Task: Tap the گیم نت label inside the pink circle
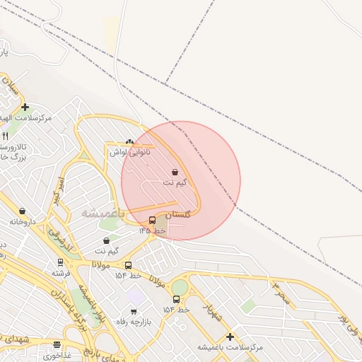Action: pos(175,182)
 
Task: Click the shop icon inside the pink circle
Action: pos(175,172)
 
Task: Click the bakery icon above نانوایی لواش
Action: pos(129,141)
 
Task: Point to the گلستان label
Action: pos(177,214)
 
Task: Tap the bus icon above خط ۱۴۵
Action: pos(152,220)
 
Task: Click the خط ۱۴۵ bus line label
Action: pos(152,230)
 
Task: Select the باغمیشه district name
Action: pos(102,213)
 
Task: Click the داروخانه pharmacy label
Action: pos(23,221)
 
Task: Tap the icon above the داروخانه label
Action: pos(23,211)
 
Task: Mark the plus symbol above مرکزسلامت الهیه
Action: pos(25,107)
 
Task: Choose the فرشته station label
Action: pos(61,272)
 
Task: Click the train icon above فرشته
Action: pos(61,262)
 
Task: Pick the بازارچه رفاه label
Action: pos(133,322)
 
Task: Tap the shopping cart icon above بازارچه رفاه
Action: pos(133,311)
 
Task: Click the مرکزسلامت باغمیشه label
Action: pos(230,347)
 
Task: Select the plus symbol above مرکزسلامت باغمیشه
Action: pos(230,337)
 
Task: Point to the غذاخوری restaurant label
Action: pos(57,356)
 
